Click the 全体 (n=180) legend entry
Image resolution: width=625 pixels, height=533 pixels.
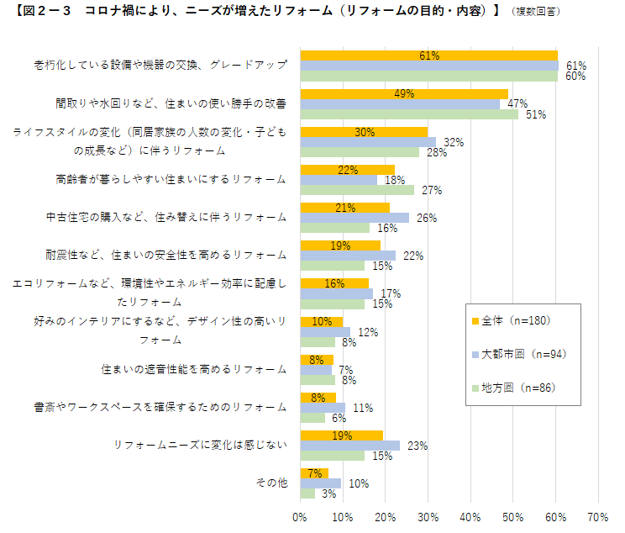[x=516, y=320]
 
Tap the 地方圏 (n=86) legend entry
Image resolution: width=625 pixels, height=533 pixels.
[x=516, y=388]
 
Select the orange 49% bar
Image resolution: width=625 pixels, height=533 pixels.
[x=403, y=93]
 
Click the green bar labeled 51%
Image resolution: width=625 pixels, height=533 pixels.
[x=408, y=114]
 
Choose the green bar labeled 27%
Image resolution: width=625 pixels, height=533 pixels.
[x=357, y=190]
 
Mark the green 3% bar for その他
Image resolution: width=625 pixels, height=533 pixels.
[x=307, y=493]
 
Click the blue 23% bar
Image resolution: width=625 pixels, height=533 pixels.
[x=349, y=446]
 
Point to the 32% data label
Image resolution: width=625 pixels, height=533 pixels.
[x=454, y=142]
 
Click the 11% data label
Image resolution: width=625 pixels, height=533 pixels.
[x=363, y=408]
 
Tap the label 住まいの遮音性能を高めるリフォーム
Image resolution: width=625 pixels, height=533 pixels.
[x=194, y=369]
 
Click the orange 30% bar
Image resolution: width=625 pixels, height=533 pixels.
[x=364, y=132]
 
